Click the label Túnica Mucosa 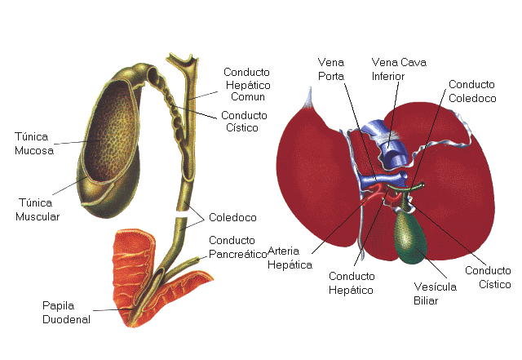click(x=33, y=144)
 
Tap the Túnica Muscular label click(x=38, y=209)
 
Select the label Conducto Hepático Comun click(x=247, y=85)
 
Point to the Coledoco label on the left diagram click(x=232, y=219)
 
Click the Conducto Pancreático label click(x=238, y=247)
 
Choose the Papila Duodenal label click(x=66, y=312)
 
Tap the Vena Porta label click(x=331, y=69)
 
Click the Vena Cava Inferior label click(x=399, y=69)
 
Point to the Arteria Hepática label click(x=290, y=258)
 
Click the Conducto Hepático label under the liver click(x=351, y=282)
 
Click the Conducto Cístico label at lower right click(x=488, y=278)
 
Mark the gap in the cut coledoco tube click(x=184, y=214)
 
